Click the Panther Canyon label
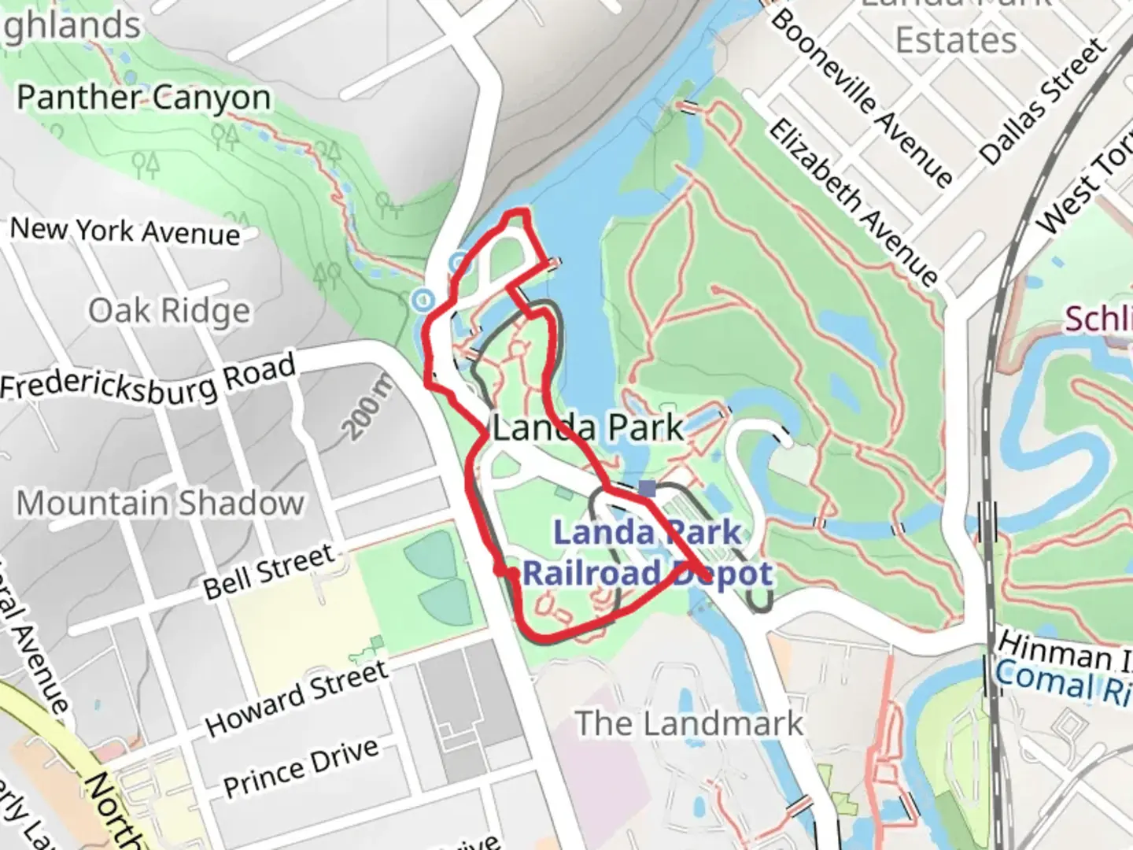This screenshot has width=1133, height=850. [144, 98]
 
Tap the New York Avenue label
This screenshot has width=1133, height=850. [125, 231]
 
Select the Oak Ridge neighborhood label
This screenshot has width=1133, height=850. [169, 311]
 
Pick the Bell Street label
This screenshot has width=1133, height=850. [269, 572]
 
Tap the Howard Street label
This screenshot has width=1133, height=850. [297, 697]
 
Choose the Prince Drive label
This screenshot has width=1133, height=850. [301, 767]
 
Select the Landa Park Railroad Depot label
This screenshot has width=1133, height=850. [647, 553]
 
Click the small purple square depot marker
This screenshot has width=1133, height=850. [647, 489]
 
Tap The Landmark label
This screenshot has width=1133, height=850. [689, 722]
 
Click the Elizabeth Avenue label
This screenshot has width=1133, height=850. [854, 202]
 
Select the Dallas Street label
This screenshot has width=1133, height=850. [1043, 102]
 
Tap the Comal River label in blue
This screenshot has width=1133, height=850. [1062, 681]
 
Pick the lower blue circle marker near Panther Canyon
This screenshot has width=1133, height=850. [423, 299]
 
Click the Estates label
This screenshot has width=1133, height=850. [956, 39]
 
